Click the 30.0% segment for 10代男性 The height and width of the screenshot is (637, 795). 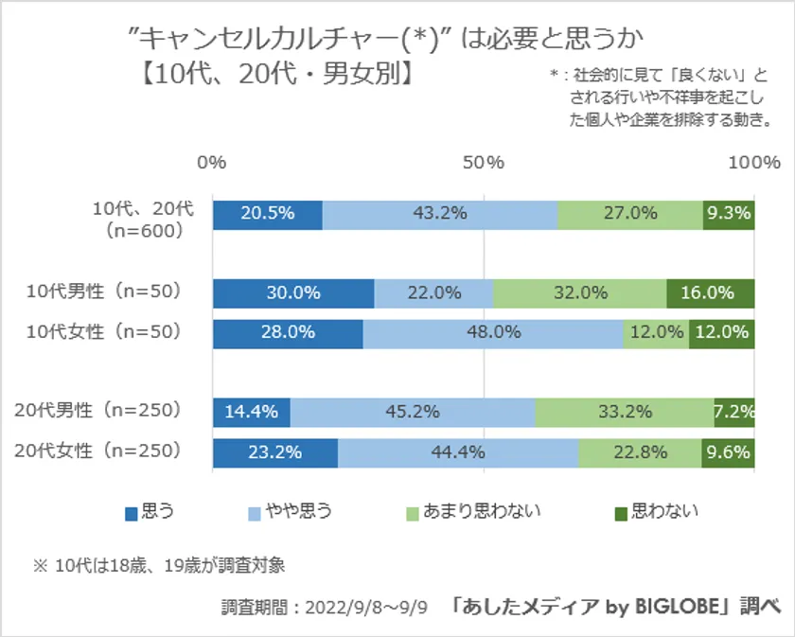(x=293, y=293)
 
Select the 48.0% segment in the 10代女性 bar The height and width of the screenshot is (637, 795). (x=493, y=332)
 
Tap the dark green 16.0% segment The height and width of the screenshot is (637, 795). (x=710, y=293)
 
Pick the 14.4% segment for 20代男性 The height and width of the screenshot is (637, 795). (x=252, y=411)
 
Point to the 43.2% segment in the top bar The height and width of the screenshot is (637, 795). (x=440, y=214)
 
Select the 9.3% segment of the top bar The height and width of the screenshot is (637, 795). (x=728, y=214)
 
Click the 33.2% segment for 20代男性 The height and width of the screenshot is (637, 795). (x=625, y=411)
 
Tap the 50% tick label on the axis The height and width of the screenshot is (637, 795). (x=483, y=163)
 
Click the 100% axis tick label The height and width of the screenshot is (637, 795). (x=753, y=163)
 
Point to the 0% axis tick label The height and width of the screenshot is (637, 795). (x=212, y=163)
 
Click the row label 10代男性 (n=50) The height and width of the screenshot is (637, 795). (x=103, y=292)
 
